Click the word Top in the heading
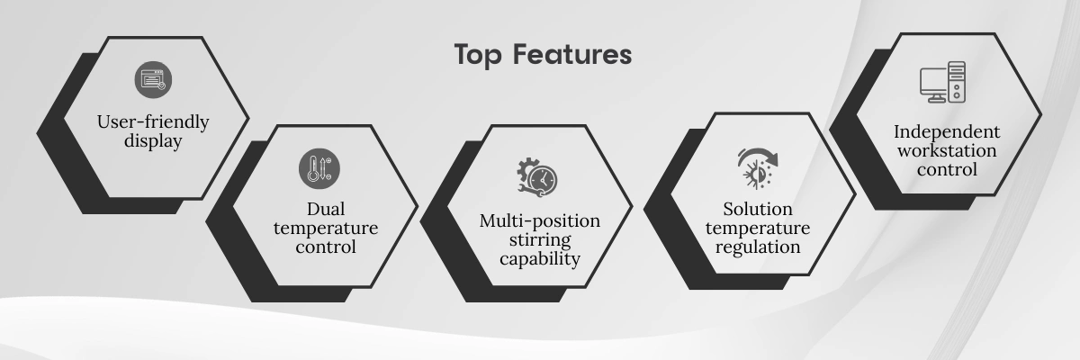(x=479, y=56)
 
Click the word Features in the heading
(x=571, y=54)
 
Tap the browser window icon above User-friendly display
(x=153, y=79)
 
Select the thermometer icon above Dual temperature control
(x=319, y=168)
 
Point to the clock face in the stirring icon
(x=543, y=180)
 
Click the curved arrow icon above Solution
(x=759, y=168)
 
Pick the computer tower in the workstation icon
(x=957, y=82)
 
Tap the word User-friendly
(x=153, y=121)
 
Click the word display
(x=153, y=141)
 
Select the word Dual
(x=326, y=209)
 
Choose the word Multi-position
(x=540, y=220)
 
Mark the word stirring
(x=540, y=240)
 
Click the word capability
(x=540, y=259)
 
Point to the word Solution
(x=758, y=209)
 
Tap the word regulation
(x=758, y=247)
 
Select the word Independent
(x=947, y=131)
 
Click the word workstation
(x=947, y=151)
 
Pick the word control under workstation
(x=947, y=169)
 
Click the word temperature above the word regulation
(x=758, y=229)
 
